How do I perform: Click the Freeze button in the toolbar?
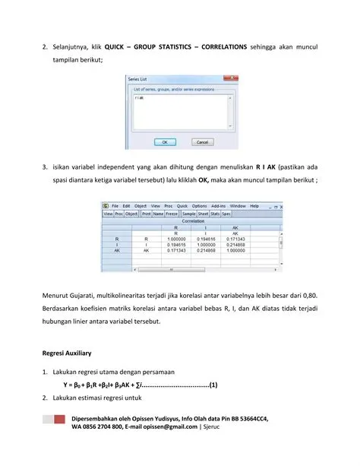(x=172, y=214)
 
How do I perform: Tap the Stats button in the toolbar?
(x=213, y=214)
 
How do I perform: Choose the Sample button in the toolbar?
(x=189, y=214)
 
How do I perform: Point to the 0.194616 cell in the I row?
(x=176, y=244)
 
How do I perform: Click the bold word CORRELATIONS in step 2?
(x=218, y=46)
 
